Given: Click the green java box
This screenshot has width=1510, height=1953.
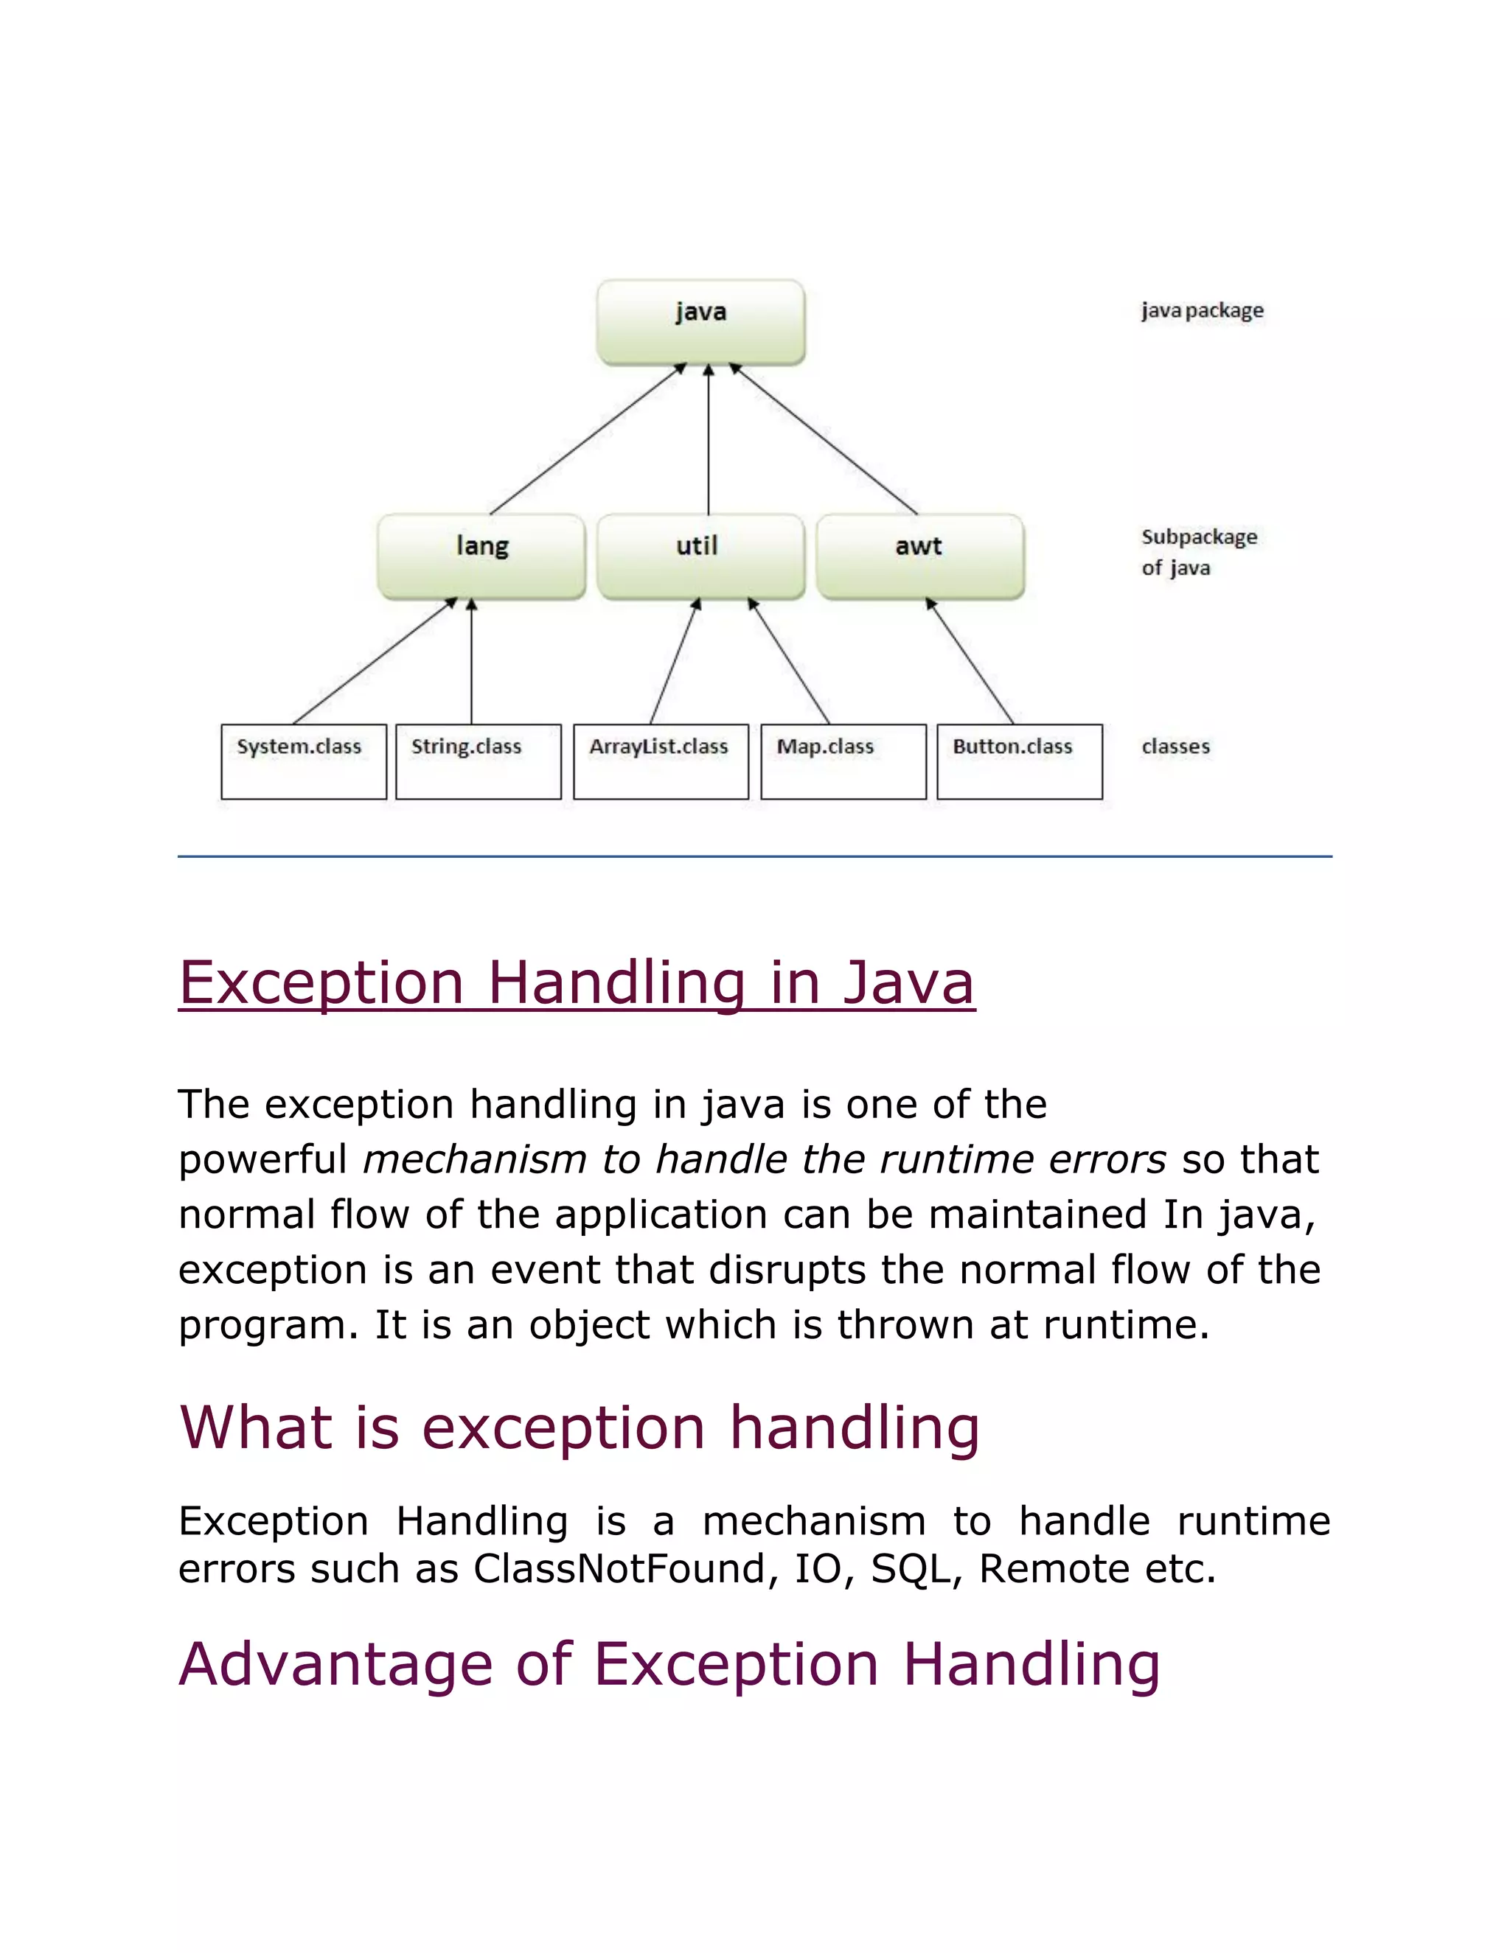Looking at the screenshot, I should (x=700, y=322).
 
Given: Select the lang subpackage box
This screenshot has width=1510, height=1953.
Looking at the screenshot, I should (x=481, y=556).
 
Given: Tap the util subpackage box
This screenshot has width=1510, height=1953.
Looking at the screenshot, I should (x=700, y=556).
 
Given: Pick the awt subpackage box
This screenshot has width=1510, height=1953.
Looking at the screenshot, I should (x=919, y=556).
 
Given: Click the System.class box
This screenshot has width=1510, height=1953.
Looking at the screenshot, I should (x=303, y=761).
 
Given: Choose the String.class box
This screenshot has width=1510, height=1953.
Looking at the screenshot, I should (x=478, y=761).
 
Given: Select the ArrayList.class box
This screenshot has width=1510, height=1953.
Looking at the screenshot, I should (x=660, y=761).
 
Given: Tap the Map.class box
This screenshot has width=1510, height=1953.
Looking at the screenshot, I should (x=843, y=761).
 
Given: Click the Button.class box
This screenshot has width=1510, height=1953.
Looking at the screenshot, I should (x=1019, y=761).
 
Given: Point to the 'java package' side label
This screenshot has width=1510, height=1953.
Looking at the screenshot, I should (x=1201, y=310).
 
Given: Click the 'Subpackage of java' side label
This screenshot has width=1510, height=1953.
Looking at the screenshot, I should (x=1198, y=552).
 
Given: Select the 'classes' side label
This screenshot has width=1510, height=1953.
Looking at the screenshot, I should (x=1175, y=746).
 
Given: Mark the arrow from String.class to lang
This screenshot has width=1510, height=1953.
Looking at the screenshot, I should (x=471, y=662).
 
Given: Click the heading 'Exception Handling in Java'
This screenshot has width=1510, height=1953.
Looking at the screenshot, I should (x=576, y=982).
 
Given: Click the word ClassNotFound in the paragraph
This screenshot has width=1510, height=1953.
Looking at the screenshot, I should (x=619, y=1569).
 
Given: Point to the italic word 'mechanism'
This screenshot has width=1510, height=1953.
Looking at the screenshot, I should (x=474, y=1160).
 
